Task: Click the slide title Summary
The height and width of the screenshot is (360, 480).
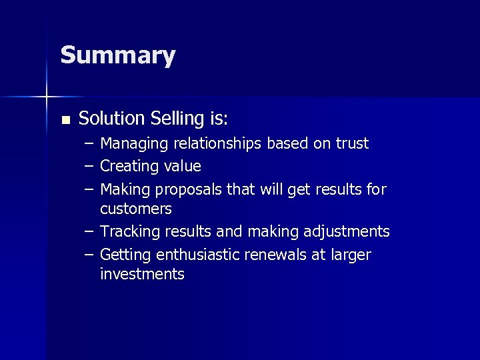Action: (117, 56)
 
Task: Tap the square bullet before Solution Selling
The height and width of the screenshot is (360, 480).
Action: (65, 121)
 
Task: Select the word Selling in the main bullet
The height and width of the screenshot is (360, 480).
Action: (174, 119)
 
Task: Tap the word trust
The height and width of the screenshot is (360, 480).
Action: (351, 144)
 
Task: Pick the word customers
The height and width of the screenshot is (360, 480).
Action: (136, 209)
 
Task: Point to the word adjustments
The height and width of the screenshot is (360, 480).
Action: (345, 232)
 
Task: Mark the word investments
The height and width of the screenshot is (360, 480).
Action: (142, 274)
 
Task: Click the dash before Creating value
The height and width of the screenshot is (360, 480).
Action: (89, 166)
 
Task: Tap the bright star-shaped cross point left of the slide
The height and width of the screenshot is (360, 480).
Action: (46, 97)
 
